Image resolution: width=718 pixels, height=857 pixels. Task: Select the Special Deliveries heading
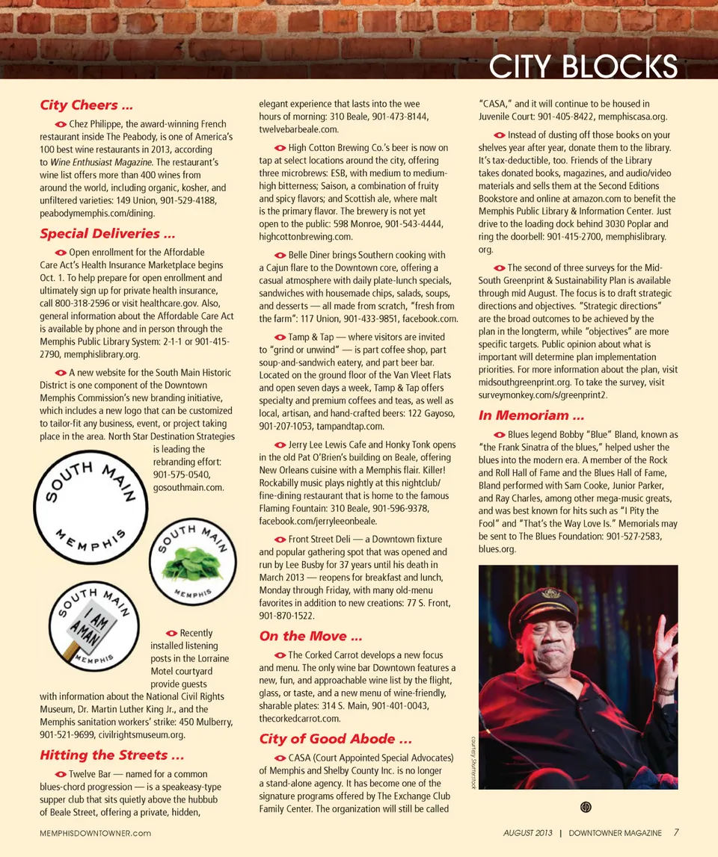(108, 233)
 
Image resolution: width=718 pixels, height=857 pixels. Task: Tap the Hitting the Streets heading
(111, 755)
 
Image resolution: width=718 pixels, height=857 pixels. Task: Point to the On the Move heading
(310, 637)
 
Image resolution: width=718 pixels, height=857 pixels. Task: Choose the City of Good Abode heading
(335, 739)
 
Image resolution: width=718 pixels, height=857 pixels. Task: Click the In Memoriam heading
(531, 415)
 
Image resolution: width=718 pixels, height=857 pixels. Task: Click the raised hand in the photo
(661, 642)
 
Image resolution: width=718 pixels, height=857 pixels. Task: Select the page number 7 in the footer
(676, 832)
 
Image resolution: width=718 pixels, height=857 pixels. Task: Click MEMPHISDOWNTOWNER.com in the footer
(95, 833)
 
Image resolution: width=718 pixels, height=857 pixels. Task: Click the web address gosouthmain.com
(188, 488)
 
